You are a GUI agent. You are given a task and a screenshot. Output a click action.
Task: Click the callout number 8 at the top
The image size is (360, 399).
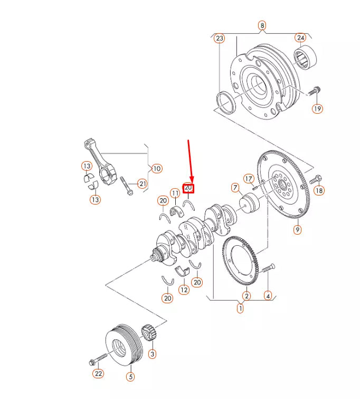click(x=262, y=25)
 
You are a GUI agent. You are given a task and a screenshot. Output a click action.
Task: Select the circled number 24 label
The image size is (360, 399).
click(x=300, y=38)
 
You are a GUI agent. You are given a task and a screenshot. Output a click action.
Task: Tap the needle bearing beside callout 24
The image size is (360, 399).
click(x=304, y=57)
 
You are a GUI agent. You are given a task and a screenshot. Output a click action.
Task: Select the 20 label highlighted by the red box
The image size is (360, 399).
click(x=188, y=188)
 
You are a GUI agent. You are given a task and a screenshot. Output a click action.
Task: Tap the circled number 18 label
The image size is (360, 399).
click(x=319, y=191)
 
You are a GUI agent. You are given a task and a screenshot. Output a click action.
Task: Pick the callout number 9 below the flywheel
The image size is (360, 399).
click(x=297, y=230)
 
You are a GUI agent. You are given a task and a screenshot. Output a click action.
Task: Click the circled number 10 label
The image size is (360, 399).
click(x=156, y=169)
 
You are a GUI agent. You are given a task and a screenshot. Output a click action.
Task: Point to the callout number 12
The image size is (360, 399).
click(x=183, y=289)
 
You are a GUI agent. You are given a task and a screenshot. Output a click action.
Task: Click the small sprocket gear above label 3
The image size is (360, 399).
click(x=148, y=335)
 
